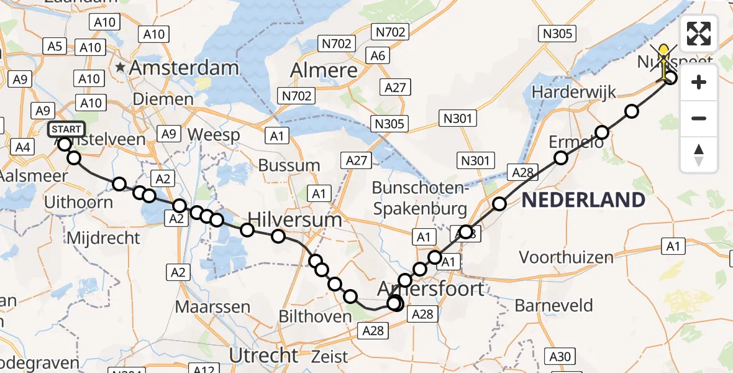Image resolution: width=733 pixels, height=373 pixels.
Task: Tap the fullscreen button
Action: coord(699,34)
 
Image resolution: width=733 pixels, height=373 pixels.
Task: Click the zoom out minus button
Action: coord(699,118)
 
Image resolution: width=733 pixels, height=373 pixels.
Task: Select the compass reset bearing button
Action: coord(699,155)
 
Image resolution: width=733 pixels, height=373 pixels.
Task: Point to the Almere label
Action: coord(324,70)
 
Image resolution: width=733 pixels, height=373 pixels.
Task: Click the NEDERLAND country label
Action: coord(583,200)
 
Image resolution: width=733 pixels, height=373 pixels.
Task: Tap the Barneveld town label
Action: coord(553,306)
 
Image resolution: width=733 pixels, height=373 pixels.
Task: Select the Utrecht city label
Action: coord(264,355)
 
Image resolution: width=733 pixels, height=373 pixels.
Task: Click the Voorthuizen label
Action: coord(566,257)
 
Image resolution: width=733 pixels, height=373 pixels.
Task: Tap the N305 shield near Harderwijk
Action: coord(558,34)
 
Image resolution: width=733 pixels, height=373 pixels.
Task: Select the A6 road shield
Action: coord(378,56)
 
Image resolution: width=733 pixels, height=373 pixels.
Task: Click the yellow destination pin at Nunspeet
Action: coord(663,55)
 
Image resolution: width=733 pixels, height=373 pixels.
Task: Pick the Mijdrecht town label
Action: coord(102,238)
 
